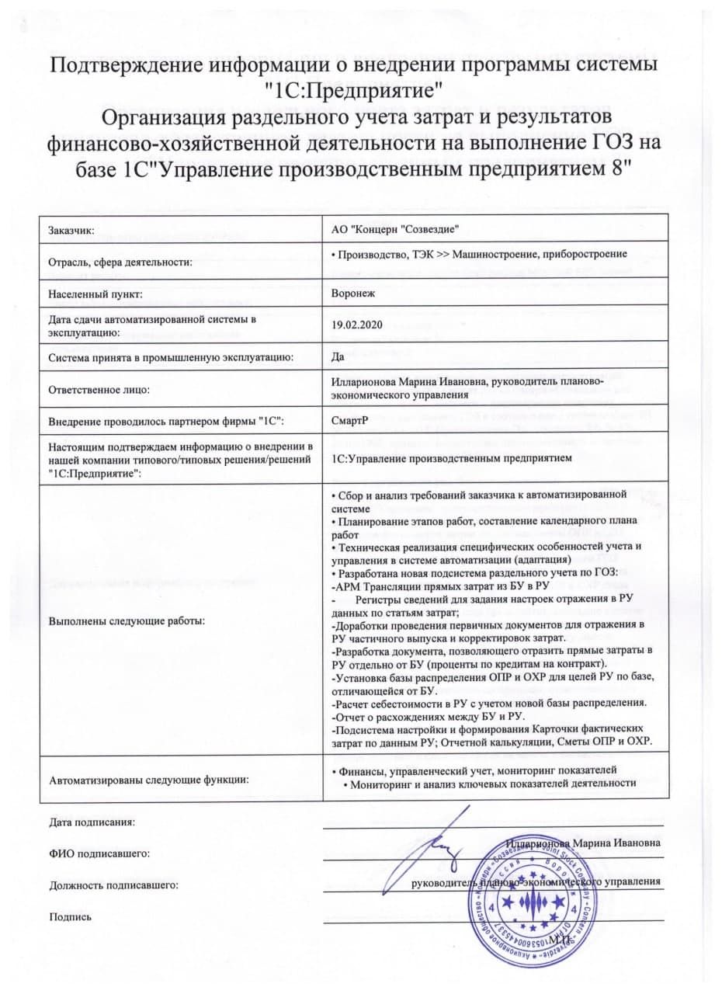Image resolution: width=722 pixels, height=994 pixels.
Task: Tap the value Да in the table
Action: (338, 357)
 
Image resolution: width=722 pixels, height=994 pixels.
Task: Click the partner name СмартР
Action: (349, 420)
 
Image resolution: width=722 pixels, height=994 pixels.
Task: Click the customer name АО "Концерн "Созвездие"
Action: (396, 230)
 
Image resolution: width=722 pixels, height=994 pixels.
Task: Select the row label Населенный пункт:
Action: (94, 295)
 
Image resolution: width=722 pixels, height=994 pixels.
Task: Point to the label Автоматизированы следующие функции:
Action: (148, 779)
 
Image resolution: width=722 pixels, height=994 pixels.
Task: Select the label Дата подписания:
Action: (92, 822)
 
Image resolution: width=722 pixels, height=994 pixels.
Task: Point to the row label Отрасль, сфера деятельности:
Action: (120, 262)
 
